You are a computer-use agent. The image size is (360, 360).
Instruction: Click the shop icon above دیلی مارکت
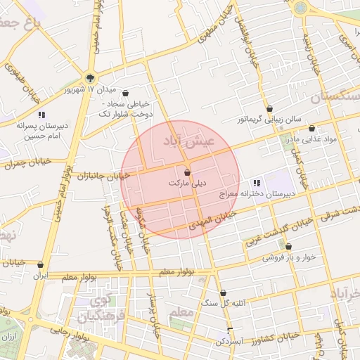point(187,172)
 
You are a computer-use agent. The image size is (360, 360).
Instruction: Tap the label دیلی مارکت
point(188,183)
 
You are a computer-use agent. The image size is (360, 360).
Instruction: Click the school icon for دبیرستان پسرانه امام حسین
point(41,115)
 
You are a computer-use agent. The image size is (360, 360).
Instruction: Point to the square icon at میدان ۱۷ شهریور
point(89,78)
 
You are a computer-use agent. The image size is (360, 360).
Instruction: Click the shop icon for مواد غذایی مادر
point(311,129)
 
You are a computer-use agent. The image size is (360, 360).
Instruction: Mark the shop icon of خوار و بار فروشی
point(289,247)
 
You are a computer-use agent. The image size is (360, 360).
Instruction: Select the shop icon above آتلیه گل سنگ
point(224,293)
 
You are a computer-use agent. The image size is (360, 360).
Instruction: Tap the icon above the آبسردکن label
point(230,330)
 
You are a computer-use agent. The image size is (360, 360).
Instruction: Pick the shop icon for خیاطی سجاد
point(125,93)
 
